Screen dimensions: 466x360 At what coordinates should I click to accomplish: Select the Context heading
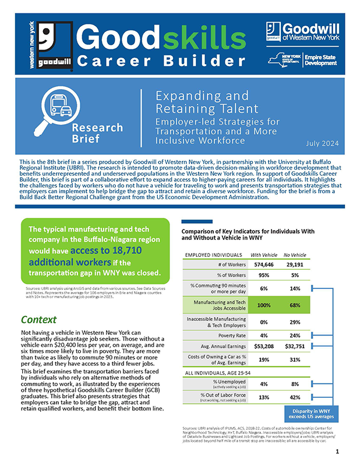tap(38, 319)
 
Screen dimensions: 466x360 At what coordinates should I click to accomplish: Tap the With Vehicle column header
tap(263, 255)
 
